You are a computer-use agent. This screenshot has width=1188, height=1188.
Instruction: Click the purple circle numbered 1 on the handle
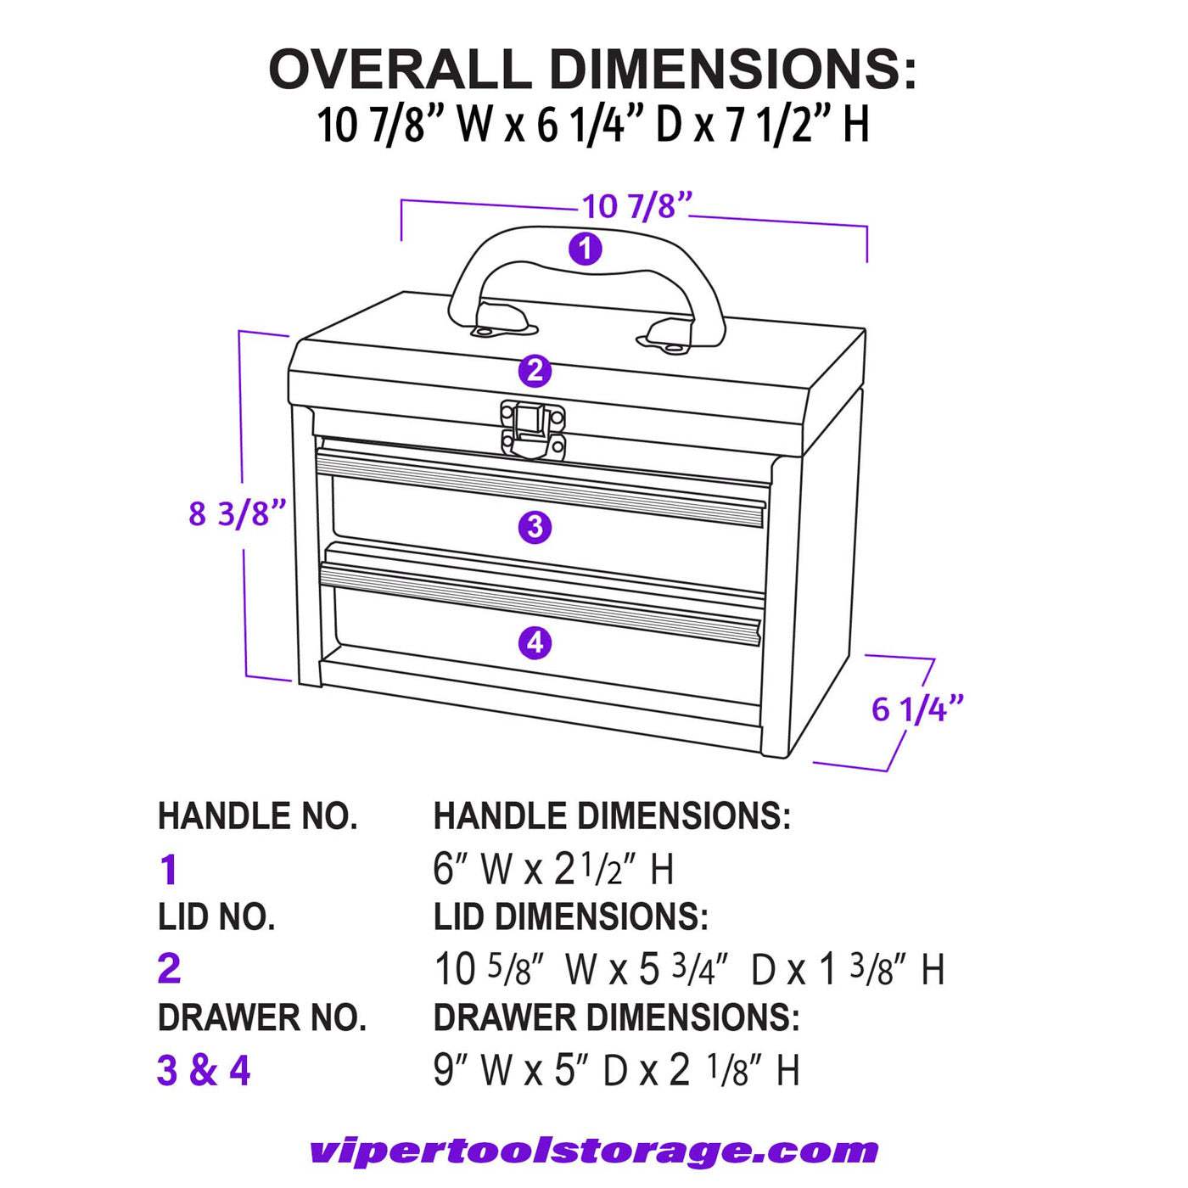(585, 249)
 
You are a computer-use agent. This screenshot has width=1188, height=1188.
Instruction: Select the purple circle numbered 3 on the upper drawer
(535, 527)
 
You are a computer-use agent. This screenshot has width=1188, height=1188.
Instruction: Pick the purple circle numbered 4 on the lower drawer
(535, 643)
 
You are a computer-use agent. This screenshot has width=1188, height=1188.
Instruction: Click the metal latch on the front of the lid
(533, 429)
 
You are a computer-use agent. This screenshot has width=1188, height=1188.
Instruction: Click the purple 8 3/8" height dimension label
(238, 513)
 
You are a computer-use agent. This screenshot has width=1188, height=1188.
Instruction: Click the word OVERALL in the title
(401, 68)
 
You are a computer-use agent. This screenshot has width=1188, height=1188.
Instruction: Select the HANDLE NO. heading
(258, 815)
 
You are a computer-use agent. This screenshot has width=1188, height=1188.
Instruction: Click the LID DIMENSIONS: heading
(571, 916)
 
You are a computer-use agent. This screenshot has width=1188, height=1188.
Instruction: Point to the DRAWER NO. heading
(262, 1017)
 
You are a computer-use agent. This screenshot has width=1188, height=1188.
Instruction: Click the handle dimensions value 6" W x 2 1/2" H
(553, 869)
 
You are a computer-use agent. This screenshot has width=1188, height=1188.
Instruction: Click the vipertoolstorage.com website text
(594, 1152)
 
